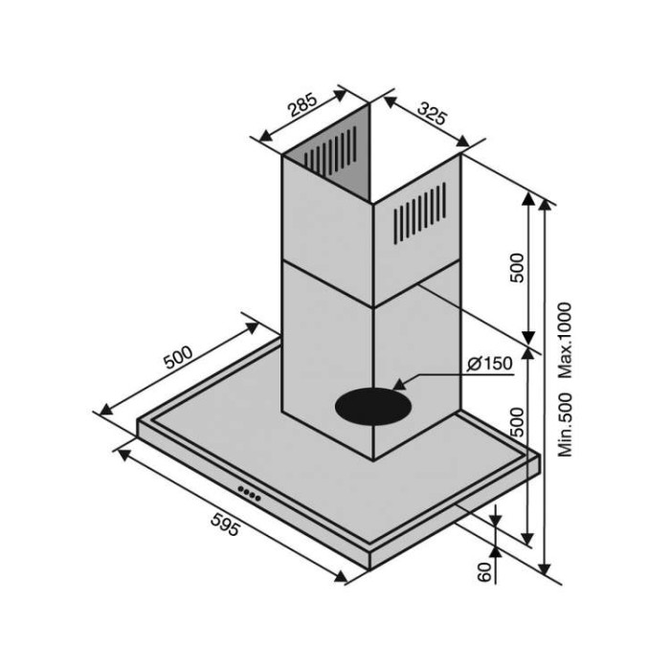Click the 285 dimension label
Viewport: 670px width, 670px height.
(303, 103)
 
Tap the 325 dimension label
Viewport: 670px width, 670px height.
(433, 113)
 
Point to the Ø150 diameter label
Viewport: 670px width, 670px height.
(490, 364)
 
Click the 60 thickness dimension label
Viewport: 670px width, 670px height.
(484, 572)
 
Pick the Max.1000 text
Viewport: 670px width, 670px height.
(565, 340)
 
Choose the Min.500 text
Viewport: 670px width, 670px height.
(565, 425)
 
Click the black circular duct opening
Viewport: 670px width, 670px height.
(373, 407)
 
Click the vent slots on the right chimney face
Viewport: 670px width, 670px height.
(419, 213)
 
